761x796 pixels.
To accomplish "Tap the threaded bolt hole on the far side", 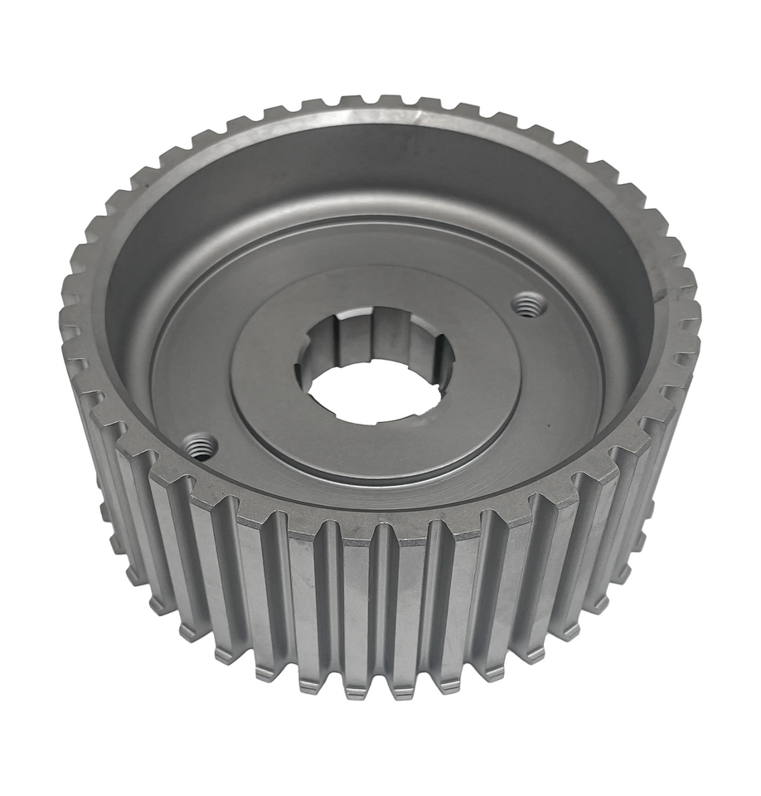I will tap(528, 305).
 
